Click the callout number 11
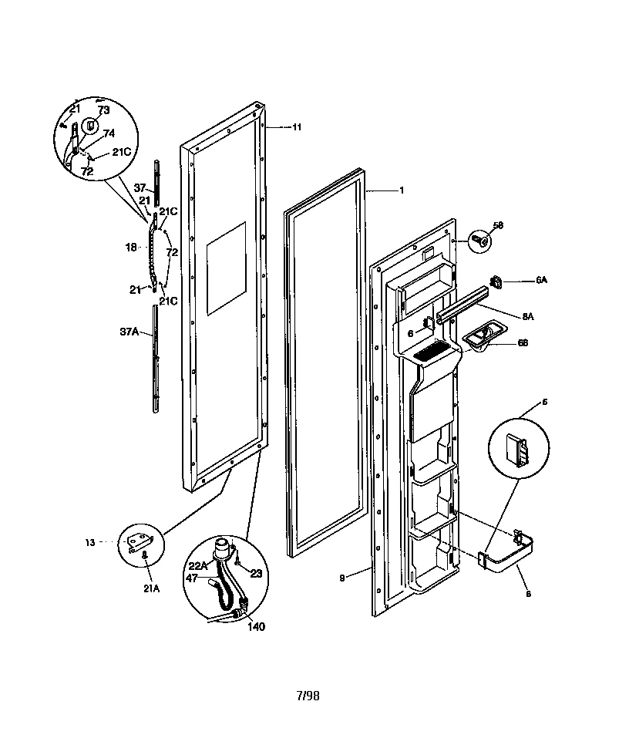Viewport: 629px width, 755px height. [297, 126]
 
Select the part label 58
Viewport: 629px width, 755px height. [498, 225]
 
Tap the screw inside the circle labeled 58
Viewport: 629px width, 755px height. [479, 241]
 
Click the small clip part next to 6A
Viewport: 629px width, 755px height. [497, 283]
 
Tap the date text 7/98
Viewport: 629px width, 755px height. [308, 696]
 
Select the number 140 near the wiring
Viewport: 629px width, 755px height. [256, 626]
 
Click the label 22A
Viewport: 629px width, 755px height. [198, 565]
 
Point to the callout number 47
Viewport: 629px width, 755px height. [191, 576]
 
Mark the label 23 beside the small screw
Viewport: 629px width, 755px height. [256, 573]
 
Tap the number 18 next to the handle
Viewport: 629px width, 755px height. [131, 248]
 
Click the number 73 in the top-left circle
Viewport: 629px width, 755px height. [103, 111]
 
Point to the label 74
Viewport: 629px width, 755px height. [109, 133]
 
